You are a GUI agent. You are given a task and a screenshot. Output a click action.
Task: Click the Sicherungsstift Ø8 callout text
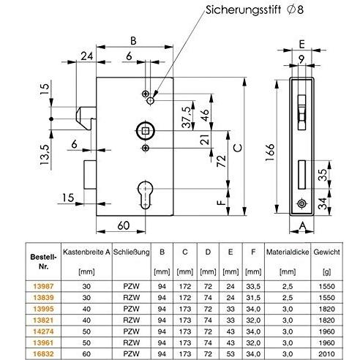255,10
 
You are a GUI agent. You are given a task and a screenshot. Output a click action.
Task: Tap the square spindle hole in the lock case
146,132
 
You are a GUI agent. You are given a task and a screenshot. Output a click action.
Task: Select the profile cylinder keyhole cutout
146,195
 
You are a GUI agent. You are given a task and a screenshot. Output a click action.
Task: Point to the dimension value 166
270,152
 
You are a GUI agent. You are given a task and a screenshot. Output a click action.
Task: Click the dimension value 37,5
187,117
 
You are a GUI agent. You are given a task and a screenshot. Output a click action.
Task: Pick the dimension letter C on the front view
238,148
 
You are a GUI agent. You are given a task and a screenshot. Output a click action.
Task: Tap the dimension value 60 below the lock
124,225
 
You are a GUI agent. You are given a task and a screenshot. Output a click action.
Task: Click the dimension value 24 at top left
87,56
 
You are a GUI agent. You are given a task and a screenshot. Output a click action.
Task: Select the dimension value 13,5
45,154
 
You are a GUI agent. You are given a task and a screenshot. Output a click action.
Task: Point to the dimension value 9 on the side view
301,59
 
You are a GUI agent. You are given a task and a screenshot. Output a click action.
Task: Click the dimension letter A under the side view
302,226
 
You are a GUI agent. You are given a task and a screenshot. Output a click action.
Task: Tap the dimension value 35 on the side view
323,175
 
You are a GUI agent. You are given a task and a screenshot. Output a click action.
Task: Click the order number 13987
43,286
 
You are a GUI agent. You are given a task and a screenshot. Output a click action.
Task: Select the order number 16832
43,353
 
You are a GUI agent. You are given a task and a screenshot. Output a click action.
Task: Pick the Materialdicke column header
288,252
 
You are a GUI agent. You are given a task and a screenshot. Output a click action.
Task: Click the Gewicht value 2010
327,353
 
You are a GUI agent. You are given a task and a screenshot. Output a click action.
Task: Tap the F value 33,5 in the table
253,286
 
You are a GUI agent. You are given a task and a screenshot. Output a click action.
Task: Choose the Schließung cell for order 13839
132,297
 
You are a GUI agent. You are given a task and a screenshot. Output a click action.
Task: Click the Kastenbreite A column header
86,252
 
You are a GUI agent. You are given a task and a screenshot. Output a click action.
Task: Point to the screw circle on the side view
301,203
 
